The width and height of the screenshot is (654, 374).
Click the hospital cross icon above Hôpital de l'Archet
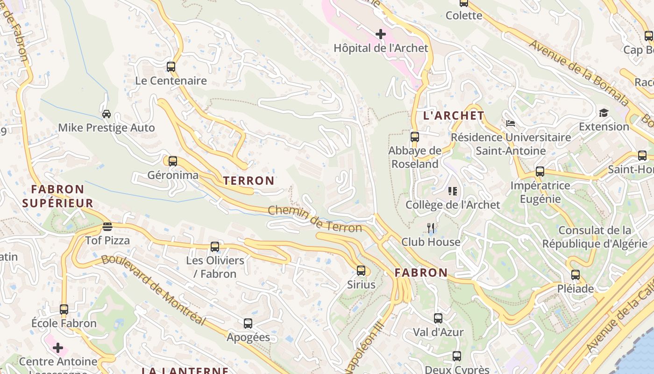click(381, 34)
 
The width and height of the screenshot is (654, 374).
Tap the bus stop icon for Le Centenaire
click(171, 66)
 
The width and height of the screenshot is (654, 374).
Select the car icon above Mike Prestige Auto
click(107, 114)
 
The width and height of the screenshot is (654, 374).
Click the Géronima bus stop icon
click(173, 161)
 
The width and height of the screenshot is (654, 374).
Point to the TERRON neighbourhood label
click(249, 181)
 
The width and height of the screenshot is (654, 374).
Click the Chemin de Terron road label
click(315, 219)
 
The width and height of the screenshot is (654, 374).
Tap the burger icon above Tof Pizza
click(107, 227)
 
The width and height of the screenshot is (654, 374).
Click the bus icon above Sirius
click(361, 270)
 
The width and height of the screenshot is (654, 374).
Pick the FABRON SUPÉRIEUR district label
click(57, 196)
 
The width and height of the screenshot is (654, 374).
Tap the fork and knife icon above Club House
click(431, 228)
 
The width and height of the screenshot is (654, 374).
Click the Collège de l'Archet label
click(452, 205)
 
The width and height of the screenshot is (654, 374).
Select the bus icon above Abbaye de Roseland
click(415, 137)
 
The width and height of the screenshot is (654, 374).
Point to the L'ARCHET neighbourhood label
click(454, 115)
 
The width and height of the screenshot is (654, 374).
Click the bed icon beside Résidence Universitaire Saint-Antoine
click(511, 123)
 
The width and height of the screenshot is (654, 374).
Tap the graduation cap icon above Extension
click(604, 113)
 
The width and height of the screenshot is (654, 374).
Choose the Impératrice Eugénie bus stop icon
click(540, 172)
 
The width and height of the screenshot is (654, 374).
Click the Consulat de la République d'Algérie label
click(595, 237)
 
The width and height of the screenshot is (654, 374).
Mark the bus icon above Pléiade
click(576, 275)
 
